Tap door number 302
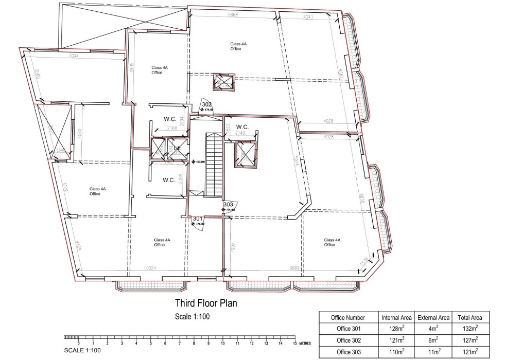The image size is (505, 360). click(x=207, y=104)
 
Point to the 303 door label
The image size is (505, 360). click(x=229, y=204)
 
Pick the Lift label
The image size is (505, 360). click(x=177, y=148)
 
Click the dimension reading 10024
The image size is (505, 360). click(x=149, y=267)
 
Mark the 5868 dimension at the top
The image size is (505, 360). click(x=233, y=15)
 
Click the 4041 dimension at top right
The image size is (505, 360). click(x=308, y=17)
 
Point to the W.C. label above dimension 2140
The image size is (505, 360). click(x=242, y=127)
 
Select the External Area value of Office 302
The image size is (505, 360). click(x=433, y=340)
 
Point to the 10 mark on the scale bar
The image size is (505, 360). click(x=223, y=343)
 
